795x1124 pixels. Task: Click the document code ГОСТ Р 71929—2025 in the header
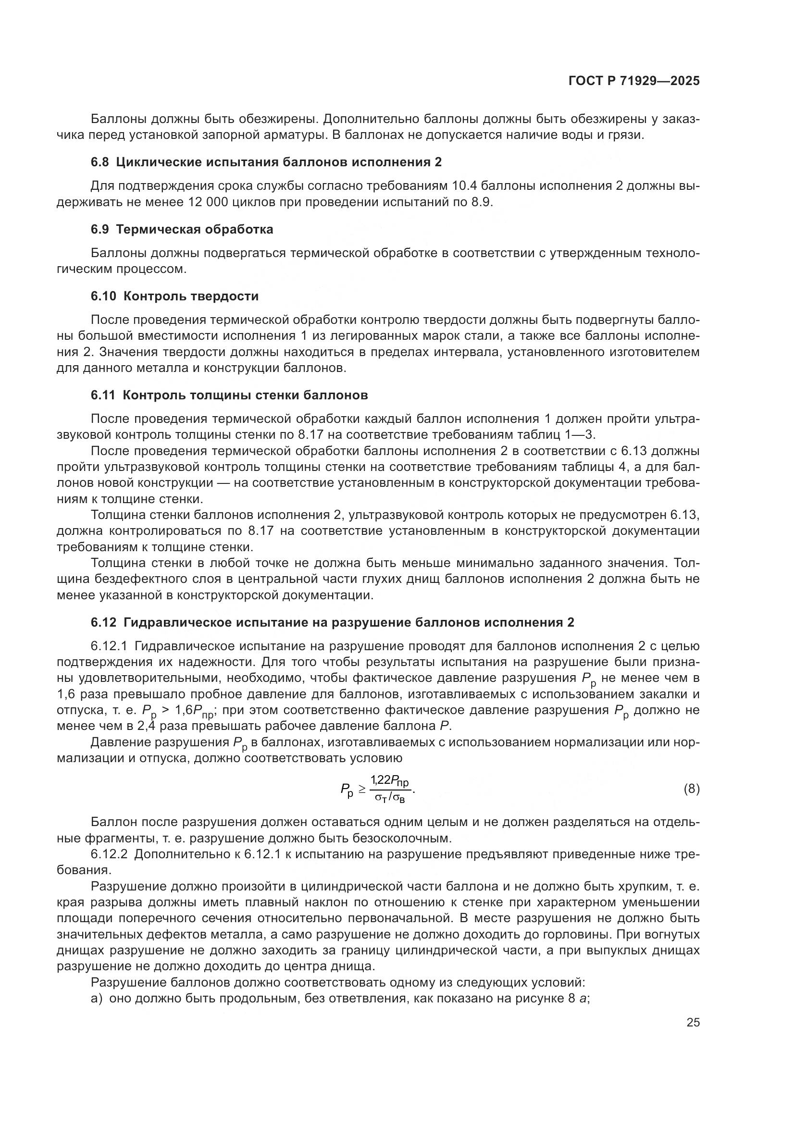634,81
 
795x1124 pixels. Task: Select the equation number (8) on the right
691,789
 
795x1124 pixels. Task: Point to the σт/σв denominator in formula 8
390,798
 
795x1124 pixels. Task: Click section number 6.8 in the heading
99,162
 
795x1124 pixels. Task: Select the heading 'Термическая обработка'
194,230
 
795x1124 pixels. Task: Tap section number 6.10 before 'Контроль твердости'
103,296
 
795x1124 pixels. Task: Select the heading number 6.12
103,623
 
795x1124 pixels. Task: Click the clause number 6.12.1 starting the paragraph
109,646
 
